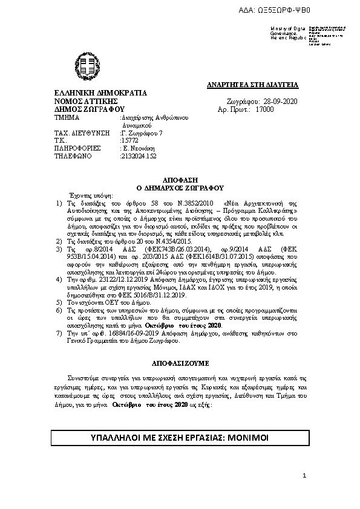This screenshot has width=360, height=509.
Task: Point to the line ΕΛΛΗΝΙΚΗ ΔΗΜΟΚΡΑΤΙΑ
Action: point(100,94)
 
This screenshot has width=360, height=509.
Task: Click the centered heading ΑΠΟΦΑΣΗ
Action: point(180,181)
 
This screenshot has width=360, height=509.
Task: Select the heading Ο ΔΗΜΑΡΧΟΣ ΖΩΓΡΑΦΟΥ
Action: point(180,188)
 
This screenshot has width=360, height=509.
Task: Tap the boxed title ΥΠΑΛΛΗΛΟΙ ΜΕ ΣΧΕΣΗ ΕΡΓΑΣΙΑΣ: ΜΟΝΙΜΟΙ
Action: point(180,437)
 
